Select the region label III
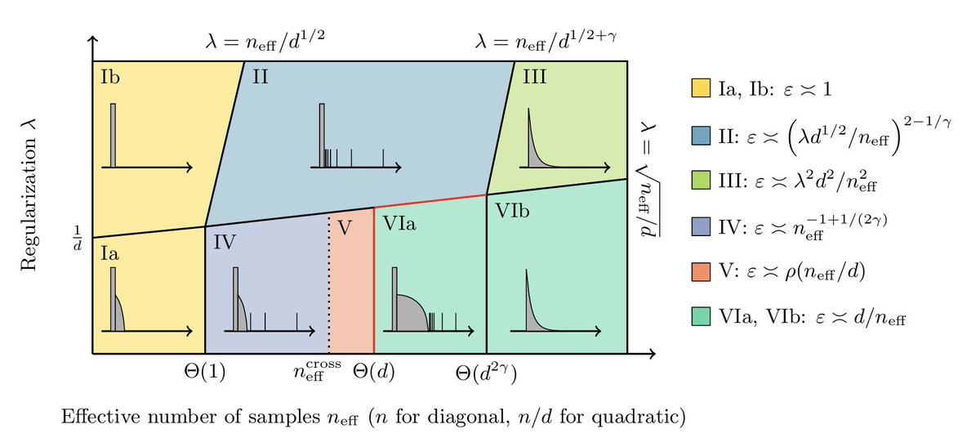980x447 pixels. (x=535, y=77)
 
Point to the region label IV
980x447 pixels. (x=225, y=241)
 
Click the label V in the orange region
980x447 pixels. (x=345, y=228)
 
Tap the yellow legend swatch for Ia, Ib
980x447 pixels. (x=699, y=87)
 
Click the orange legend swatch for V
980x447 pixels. (x=699, y=271)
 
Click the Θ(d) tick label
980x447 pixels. (x=374, y=373)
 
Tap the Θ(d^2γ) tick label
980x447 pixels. (x=487, y=373)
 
